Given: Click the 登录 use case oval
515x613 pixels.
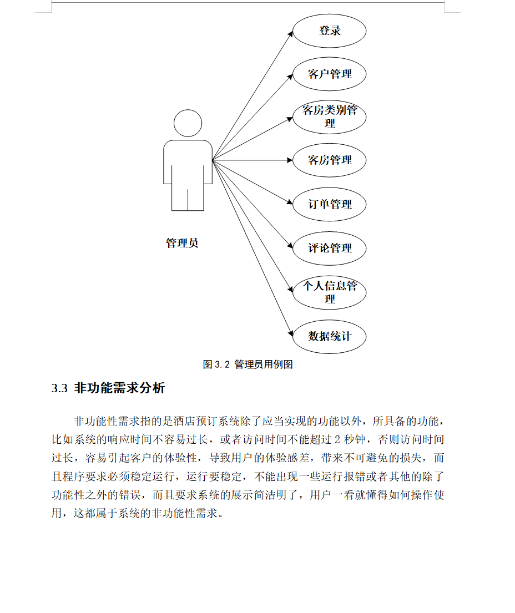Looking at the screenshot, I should pyautogui.click(x=330, y=31).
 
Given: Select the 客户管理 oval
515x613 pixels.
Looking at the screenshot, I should pyautogui.click(x=330, y=74).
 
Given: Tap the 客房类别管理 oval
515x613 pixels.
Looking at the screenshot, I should pyautogui.click(x=330, y=116).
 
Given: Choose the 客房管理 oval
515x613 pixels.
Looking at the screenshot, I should pyautogui.click(x=330, y=160).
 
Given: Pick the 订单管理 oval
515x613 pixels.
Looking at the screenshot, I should pyautogui.click(x=330, y=204).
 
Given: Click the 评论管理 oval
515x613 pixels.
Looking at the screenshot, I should pyautogui.click(x=330, y=248).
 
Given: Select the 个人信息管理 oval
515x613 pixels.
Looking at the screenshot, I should pyautogui.click(x=330, y=292).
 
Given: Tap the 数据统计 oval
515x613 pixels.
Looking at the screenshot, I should pyautogui.click(x=330, y=336).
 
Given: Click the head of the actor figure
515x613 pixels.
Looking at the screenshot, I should pyautogui.click(x=188, y=123).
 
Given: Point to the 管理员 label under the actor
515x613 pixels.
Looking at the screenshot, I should pyautogui.click(x=182, y=243).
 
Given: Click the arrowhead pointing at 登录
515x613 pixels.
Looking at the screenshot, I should pyautogui.click(x=290, y=34).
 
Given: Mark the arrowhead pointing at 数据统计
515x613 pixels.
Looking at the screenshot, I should pyautogui.click(x=290, y=333).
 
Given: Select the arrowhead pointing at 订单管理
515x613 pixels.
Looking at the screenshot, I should pyautogui.click(x=290, y=203).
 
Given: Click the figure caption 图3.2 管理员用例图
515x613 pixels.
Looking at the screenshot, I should pyautogui.click(x=248, y=364).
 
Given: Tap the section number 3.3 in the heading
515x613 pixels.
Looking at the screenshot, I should pyautogui.click(x=59, y=388).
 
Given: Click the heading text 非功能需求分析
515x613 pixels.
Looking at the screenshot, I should pyautogui.click(x=119, y=388).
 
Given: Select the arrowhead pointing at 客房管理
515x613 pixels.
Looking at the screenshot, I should pyautogui.click(x=290, y=160).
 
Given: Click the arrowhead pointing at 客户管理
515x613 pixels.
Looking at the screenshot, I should pyautogui.click(x=290, y=77).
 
